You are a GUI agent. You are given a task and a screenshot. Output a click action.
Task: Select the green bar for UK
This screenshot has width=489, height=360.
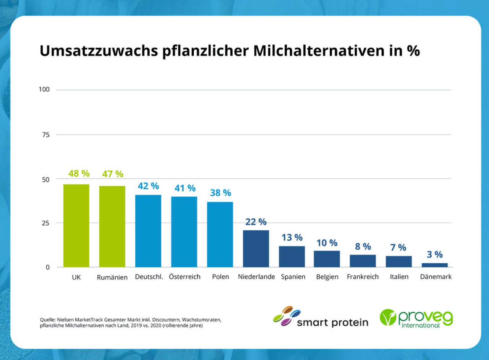(76, 225)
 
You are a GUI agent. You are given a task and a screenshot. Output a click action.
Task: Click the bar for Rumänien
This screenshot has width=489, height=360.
(112, 226)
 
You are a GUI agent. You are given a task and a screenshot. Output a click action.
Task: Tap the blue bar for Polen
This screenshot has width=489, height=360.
(220, 234)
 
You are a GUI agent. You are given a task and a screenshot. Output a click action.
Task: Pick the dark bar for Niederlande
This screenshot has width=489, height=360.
(256, 248)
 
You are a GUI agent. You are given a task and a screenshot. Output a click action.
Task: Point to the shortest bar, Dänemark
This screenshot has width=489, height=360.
(435, 265)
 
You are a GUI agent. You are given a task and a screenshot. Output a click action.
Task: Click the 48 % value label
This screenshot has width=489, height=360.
(79, 174)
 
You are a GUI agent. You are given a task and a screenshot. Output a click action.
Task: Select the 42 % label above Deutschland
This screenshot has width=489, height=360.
(148, 186)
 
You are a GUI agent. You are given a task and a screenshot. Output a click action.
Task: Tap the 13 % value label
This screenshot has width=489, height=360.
(292, 237)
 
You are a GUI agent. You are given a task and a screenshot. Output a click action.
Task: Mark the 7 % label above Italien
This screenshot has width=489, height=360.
(398, 247)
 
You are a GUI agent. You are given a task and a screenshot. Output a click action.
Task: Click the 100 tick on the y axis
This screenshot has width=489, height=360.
(44, 89)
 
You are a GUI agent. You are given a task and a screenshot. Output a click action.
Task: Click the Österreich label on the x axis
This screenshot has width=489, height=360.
(185, 277)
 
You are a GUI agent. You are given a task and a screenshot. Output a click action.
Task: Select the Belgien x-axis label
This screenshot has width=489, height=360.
(327, 277)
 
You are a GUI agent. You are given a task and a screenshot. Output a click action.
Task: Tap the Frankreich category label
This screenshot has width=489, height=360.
(363, 277)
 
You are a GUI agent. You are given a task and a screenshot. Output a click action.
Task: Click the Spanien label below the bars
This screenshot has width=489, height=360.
(293, 277)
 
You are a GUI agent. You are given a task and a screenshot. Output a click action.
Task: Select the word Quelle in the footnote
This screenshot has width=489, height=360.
(47, 319)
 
